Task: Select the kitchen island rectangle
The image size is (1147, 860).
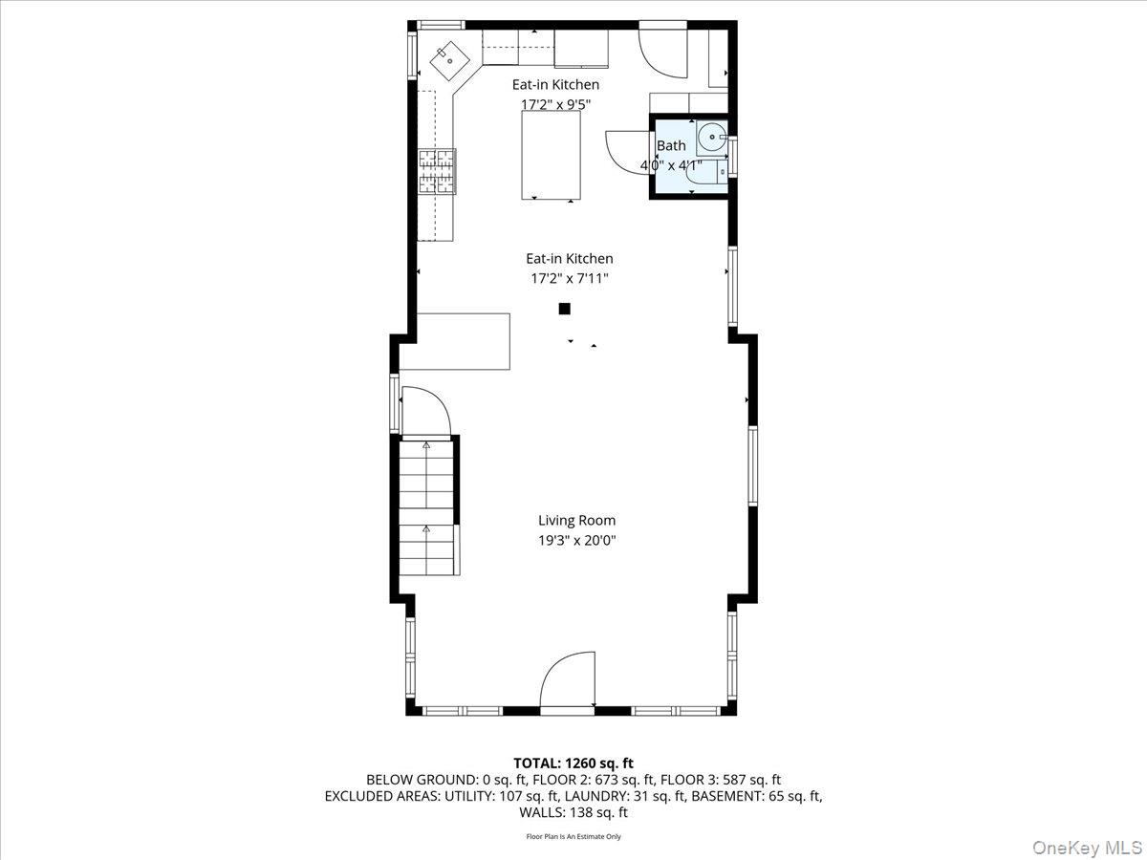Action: [551, 155]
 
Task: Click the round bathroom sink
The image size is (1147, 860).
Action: [709, 139]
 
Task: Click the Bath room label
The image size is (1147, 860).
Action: [671, 146]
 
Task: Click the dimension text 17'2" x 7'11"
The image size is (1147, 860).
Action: [569, 278]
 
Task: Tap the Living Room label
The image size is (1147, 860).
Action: [576, 521]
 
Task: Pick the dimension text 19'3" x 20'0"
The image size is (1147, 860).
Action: [576, 541]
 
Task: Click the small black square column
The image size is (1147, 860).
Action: [564, 309]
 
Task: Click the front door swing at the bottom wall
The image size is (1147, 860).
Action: [569, 680]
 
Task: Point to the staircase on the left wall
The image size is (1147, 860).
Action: [427, 506]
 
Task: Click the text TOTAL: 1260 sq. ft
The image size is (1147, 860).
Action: [573, 763]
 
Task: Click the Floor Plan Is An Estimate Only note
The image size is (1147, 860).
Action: [573, 836]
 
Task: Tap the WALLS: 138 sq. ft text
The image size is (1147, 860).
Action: [573, 812]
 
